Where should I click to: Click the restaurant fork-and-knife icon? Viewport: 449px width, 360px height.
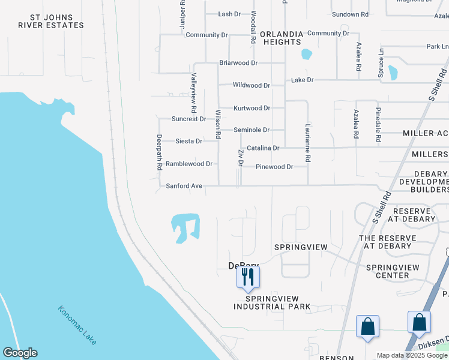(x=248, y=277)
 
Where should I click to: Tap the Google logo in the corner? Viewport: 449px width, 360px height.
(x=20, y=353)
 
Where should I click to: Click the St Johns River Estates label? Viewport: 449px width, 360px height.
(x=51, y=21)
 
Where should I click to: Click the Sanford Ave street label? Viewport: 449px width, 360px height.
(x=184, y=186)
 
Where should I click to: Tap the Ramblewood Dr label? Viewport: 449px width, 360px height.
(x=189, y=164)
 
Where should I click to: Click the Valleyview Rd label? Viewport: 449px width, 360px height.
(x=193, y=94)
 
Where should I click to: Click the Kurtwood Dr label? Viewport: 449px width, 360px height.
(x=252, y=108)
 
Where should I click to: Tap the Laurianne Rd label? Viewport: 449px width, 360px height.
(x=307, y=143)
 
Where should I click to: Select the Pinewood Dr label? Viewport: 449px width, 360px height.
(x=274, y=167)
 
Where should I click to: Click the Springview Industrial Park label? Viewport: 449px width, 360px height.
(x=272, y=302)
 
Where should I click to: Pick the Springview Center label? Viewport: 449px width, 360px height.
(x=387, y=271)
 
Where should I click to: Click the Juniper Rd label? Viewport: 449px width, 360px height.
(x=182, y=11)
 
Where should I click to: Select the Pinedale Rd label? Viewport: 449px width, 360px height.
(x=378, y=125)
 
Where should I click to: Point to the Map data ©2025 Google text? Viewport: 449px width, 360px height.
(x=412, y=355)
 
